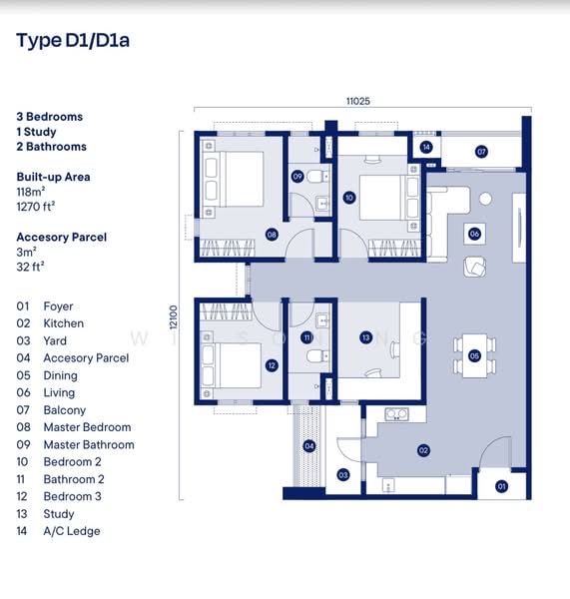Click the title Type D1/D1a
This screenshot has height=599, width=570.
click(73, 41)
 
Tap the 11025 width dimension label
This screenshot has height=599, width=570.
click(357, 101)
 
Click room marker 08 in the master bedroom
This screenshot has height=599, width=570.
click(272, 235)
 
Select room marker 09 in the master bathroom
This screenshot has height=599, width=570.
click(297, 177)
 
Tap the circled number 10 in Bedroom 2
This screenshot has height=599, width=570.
click(348, 198)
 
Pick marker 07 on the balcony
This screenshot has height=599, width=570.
click(481, 152)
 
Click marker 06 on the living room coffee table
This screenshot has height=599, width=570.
click(474, 234)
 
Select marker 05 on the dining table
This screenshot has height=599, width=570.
click(474, 355)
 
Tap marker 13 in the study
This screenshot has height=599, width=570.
click(366, 338)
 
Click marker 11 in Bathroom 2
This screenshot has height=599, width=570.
click(307, 338)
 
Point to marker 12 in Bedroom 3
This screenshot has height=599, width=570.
click(272, 365)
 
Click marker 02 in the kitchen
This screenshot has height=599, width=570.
click(423, 450)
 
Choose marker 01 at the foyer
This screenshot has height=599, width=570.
click(501, 486)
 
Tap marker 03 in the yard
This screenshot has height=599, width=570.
click(342, 475)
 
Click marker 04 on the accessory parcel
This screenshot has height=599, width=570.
click(309, 446)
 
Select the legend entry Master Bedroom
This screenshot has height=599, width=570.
click(87, 427)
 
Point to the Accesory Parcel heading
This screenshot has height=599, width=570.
click(61, 237)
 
